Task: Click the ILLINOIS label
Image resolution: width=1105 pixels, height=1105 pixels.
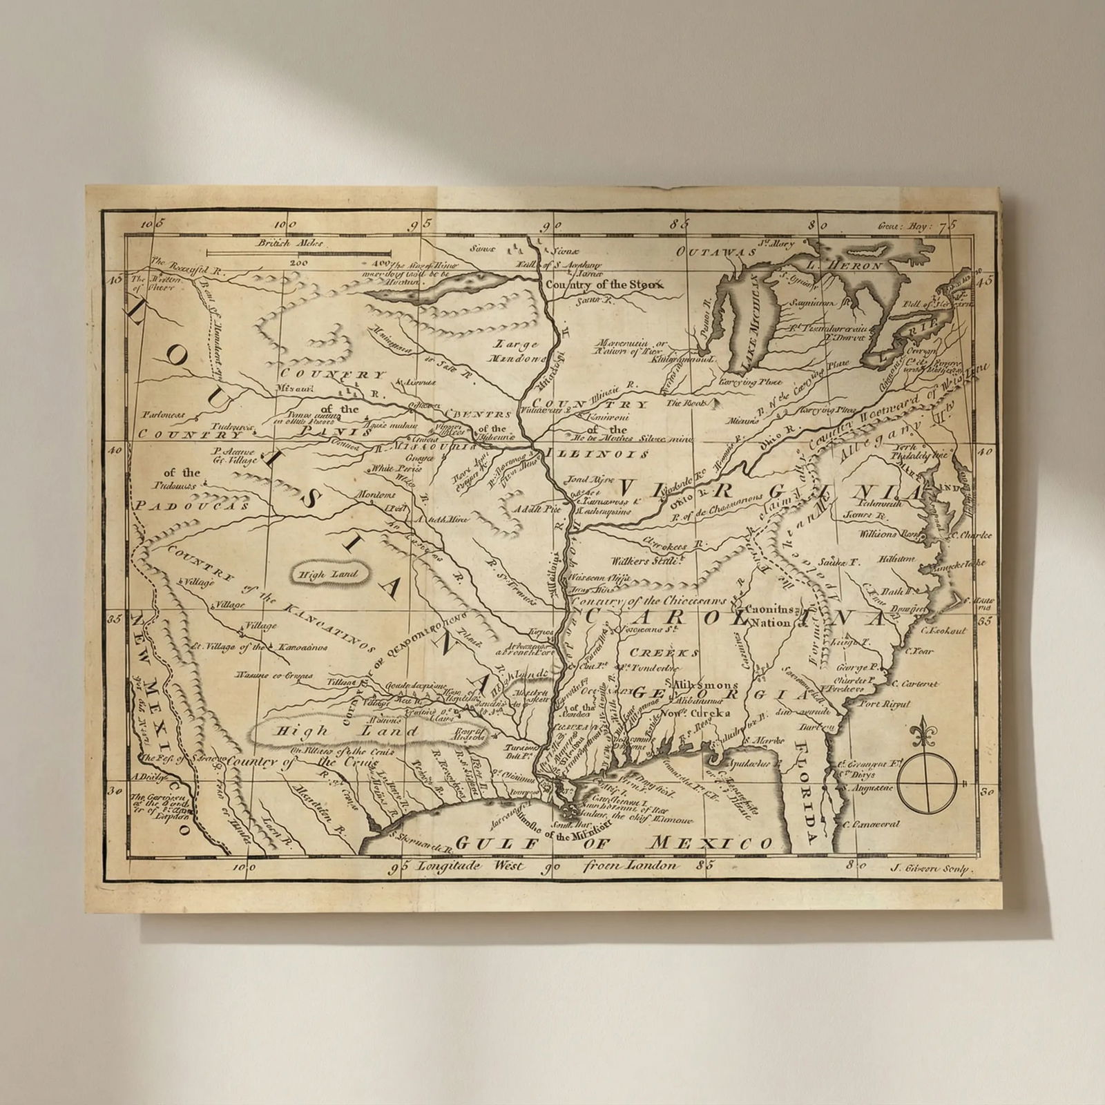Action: point(597,454)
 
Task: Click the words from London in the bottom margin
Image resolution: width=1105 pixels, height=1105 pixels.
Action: point(630,865)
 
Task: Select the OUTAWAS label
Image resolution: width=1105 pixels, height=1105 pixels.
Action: point(715,252)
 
